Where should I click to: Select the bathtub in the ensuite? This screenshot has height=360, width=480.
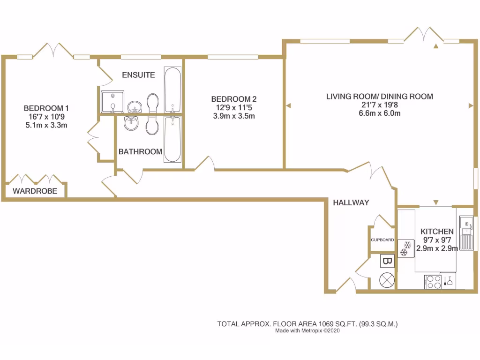pos(172,90)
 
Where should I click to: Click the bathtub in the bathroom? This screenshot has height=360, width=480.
pos(172,139)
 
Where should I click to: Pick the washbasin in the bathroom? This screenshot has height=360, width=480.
pos(131,124)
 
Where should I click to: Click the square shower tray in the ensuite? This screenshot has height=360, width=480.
pos(112,102)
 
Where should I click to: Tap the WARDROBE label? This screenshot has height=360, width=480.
pos(35,191)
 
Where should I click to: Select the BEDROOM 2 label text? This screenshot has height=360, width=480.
pos(234,99)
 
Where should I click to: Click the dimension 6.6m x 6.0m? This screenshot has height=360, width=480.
pos(380,113)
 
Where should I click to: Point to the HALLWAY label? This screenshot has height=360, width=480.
pos(351,202)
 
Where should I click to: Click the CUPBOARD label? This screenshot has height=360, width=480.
pos(382,240)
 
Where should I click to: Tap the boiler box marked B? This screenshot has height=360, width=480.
pos(387,261)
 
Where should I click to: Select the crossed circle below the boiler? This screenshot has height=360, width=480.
pos(388,280)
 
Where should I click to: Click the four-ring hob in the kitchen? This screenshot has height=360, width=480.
pos(433,282)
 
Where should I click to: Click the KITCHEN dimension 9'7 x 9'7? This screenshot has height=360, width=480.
pos(437,240)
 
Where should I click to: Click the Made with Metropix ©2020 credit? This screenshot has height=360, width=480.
pos(307,330)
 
